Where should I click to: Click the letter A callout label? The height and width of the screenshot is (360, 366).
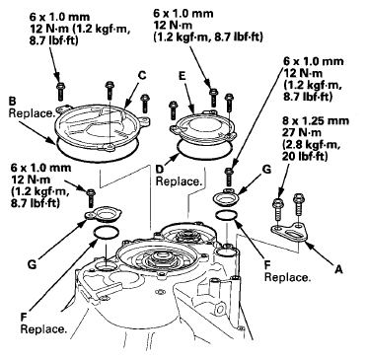338,269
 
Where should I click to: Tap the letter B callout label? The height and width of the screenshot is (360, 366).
12,101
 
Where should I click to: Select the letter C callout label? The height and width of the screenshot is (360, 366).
141,75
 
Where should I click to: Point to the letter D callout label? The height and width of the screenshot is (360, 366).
160,170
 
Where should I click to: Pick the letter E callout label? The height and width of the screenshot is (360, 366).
183,77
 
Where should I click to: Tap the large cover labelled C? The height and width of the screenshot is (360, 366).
103,126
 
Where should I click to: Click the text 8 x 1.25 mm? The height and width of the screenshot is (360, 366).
315,120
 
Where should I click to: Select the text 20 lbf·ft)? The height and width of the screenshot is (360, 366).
305,157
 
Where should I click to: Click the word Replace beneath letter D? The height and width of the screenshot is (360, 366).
178,181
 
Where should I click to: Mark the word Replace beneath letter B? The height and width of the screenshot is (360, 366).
31,113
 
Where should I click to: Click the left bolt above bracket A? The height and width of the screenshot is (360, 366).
278,208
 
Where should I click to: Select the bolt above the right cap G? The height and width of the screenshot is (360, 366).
229,177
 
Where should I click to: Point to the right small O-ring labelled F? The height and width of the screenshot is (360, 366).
226,216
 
